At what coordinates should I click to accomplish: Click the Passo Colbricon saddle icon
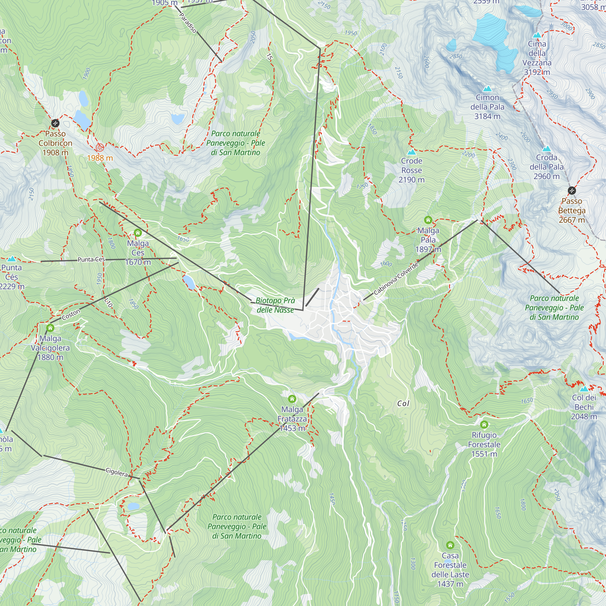pos(55,123)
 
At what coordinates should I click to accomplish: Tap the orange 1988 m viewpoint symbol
pos(100,148)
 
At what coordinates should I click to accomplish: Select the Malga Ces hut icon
pos(138,233)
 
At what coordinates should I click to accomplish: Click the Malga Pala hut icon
pos(428,220)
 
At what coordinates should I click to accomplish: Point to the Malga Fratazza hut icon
pos(292,399)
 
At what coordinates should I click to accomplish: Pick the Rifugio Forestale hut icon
pos(484,425)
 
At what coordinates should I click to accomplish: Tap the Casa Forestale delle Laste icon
pos(450,545)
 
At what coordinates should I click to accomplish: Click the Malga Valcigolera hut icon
pos(50,328)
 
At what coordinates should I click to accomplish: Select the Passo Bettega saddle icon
pos(572,190)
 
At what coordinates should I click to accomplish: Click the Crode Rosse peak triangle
pos(411,152)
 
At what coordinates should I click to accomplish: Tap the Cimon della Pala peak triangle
pos(487,89)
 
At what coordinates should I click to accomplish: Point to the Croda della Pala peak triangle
pos(546,149)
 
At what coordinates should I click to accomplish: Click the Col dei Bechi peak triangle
pos(584,389)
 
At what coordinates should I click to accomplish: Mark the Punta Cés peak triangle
pos(12,259)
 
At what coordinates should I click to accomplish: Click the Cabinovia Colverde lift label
pos(396,278)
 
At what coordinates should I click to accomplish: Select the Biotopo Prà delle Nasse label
pos(275,305)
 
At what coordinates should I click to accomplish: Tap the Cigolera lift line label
pos(117,472)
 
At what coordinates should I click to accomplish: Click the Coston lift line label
pos(71,315)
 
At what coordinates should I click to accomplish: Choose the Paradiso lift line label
pos(188,23)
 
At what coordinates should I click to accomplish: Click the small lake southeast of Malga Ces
pos(189,282)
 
